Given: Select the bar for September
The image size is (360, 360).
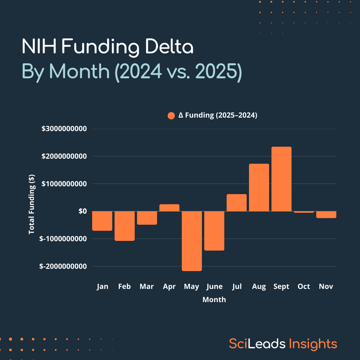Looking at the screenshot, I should tap(281, 179).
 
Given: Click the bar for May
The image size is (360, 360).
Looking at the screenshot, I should tap(192, 241).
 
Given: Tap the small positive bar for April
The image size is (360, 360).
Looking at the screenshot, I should tap(169, 208).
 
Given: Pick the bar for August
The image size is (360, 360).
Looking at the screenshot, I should tap(259, 187).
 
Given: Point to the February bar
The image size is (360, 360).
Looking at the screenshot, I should tap(124, 226).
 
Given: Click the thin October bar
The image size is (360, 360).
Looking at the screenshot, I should tap(304, 212).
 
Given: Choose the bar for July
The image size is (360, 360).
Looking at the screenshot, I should tap(236, 203).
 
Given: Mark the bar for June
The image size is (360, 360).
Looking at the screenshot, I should tap(214, 231).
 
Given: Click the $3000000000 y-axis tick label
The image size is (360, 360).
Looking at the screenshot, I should tap(64, 129).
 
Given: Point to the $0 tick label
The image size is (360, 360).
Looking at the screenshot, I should tap(82, 211).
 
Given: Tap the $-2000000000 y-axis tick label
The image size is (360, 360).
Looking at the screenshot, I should tap(63, 266).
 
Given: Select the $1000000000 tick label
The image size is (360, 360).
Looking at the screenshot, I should tap(64, 184).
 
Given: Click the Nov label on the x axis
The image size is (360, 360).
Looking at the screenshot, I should tap(326, 286).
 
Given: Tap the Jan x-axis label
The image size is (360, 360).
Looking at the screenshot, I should tap(102, 286).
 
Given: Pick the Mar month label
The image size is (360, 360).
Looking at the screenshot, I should tap(147, 286).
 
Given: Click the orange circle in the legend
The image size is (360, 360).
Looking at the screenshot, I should tap(171, 115).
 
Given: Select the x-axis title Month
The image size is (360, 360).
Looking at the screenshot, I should tap(214, 299).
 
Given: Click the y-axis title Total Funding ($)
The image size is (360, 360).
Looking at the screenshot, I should tap(31, 204).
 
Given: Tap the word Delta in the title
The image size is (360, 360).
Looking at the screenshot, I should tap(169, 47).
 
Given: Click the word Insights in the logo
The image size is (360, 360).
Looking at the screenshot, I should tap(313, 344).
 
